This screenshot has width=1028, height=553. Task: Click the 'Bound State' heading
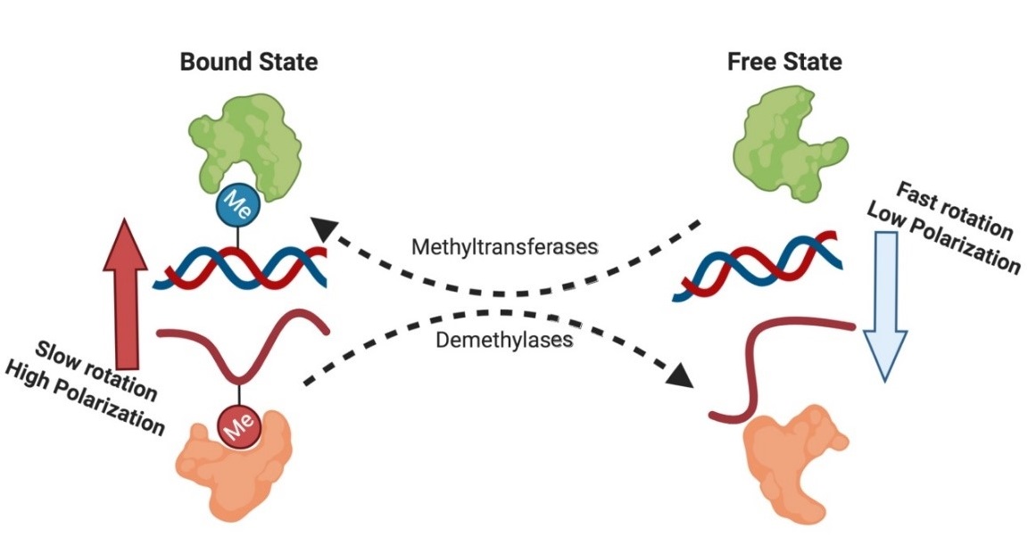pyautogui.click(x=249, y=62)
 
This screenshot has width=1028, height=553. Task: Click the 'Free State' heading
pyautogui.click(x=784, y=62)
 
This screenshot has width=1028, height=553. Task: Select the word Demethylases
pyautogui.click(x=503, y=340)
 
